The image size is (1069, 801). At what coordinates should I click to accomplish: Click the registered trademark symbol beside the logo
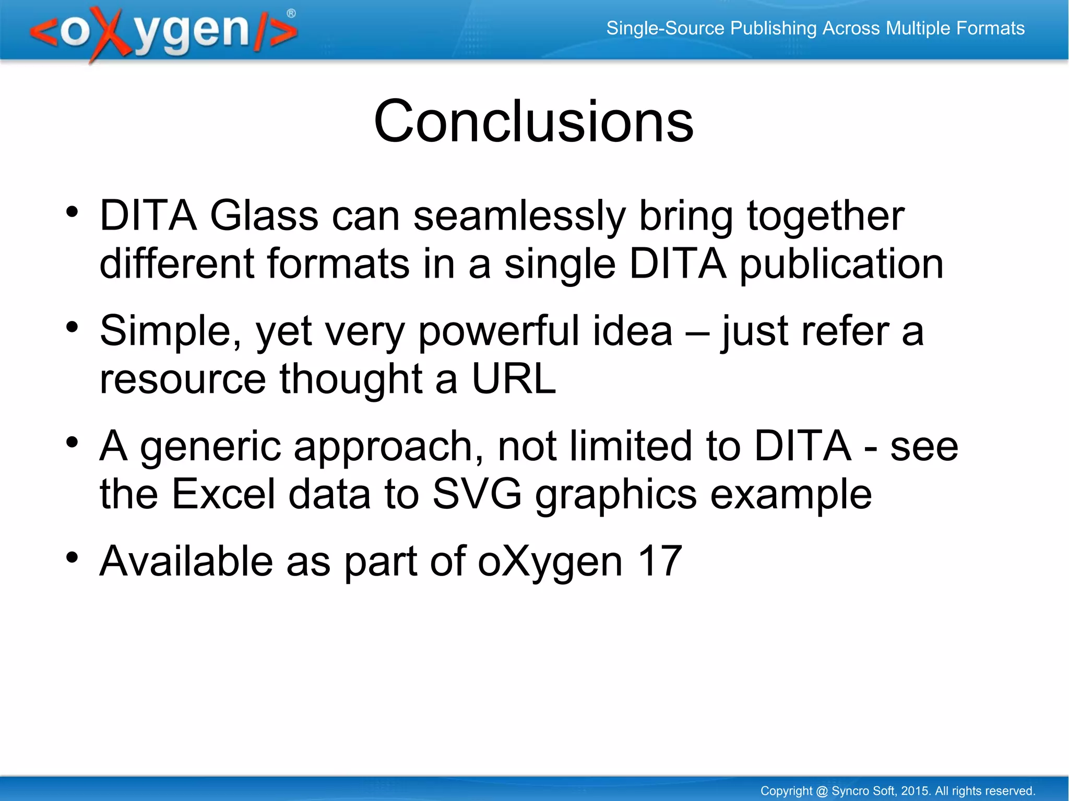point(291,14)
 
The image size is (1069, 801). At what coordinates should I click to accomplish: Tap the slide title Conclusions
point(533,121)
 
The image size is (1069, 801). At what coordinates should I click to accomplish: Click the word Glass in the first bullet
point(264,216)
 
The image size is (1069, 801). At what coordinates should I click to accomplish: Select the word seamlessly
point(519,217)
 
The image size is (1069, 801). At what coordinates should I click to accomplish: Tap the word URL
point(514,379)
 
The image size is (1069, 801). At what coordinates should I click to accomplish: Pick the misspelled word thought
point(351,379)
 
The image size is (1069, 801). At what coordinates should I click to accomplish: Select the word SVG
point(477,494)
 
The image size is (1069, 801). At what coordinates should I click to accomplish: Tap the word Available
point(186,561)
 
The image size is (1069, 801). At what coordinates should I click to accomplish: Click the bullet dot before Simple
point(72,327)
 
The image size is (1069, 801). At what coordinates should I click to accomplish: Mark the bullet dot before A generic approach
point(72,443)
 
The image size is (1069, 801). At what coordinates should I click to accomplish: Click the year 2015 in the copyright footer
point(915,791)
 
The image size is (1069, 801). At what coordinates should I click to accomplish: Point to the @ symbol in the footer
point(822,791)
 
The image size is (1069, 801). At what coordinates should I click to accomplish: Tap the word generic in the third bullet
point(210,447)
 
